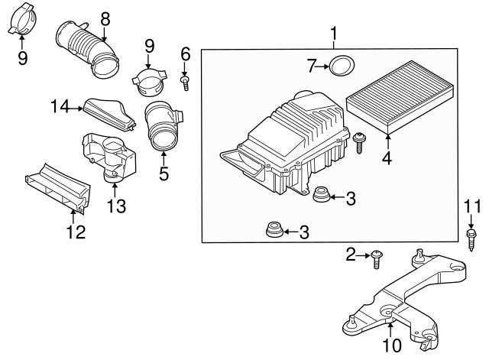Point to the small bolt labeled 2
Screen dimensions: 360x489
coord(377,259)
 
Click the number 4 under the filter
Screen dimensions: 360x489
coord(387,159)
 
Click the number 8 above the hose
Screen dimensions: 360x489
coord(105,17)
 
